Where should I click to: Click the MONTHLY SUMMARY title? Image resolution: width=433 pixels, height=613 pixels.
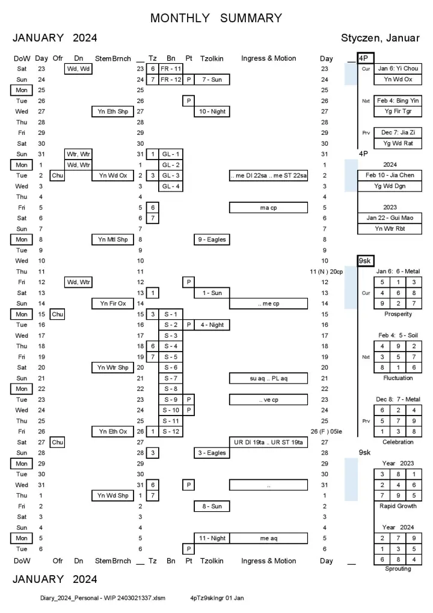click(x=216, y=18)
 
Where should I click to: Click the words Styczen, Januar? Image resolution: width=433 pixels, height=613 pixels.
click(x=380, y=38)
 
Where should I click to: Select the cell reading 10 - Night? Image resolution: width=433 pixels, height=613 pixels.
click(x=211, y=111)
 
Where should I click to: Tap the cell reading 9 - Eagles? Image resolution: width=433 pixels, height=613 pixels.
click(x=211, y=240)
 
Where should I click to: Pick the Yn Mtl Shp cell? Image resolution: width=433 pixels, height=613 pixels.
click(x=113, y=240)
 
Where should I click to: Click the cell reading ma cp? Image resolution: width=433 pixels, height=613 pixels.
click(x=268, y=208)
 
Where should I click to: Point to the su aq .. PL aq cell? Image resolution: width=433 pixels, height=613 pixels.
click(x=268, y=378)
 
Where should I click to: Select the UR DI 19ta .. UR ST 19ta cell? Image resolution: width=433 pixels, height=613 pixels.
click(x=268, y=443)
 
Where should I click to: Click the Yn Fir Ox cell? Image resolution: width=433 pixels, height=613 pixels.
click(x=113, y=303)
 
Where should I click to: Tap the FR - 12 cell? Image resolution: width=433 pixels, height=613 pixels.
click(x=171, y=79)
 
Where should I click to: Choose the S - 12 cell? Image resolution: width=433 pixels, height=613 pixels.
click(x=171, y=432)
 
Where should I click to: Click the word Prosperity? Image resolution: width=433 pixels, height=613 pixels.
click(x=398, y=314)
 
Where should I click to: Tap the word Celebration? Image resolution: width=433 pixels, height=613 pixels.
click(x=398, y=442)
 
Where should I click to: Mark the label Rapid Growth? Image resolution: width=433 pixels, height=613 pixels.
click(x=398, y=506)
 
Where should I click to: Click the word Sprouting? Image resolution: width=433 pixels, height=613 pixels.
click(x=398, y=569)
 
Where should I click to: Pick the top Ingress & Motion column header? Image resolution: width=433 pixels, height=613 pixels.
click(x=268, y=58)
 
